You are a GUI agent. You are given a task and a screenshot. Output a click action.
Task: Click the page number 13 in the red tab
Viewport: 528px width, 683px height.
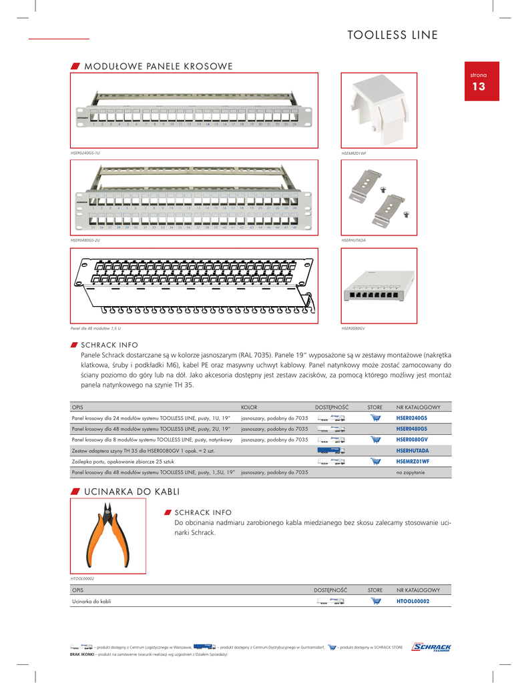[x=479, y=87]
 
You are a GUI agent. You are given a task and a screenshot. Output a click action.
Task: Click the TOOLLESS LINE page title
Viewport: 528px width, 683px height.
[x=392, y=35]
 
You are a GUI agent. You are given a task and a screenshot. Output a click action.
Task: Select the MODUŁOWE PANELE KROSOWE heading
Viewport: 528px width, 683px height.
[x=158, y=66]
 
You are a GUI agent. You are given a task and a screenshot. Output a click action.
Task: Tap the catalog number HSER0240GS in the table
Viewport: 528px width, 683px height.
[x=411, y=418]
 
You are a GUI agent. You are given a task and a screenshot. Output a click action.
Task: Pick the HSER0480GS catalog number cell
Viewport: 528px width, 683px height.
[x=411, y=428]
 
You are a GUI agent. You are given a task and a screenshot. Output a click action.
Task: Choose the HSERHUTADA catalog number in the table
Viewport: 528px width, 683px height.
[x=412, y=450]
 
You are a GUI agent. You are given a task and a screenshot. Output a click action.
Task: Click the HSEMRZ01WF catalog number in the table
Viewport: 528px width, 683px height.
[x=413, y=461]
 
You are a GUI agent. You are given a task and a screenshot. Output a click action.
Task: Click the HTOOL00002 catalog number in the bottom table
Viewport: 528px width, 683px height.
[x=413, y=601]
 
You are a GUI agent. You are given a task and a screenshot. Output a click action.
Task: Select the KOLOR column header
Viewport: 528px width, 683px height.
[x=249, y=406]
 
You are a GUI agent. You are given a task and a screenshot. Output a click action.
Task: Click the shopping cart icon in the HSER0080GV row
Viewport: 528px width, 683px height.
[x=375, y=440]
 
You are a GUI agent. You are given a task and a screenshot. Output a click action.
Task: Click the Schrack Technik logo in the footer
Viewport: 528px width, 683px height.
[x=432, y=648]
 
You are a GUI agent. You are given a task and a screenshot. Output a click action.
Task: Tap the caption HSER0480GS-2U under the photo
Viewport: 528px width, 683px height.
[x=85, y=239]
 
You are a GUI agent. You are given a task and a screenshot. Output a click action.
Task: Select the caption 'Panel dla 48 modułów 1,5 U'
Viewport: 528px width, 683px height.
[x=95, y=328]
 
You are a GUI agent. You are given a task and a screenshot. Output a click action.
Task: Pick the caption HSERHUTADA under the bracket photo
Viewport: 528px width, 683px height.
[x=353, y=239]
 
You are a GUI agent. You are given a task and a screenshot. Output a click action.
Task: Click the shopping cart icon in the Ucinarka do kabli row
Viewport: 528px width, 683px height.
[x=375, y=601]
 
